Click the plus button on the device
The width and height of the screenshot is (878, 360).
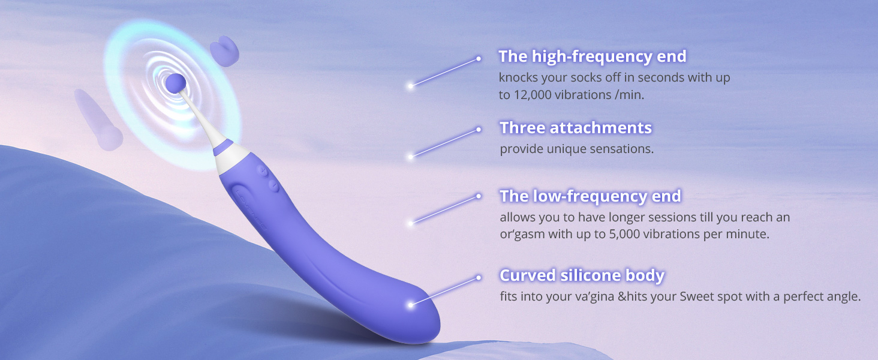point(263,171)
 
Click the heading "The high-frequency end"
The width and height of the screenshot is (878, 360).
point(592,56)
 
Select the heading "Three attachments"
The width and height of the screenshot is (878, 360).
point(575,128)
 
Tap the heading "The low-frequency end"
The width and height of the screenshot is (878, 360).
point(590,196)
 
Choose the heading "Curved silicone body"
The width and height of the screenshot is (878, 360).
point(582,275)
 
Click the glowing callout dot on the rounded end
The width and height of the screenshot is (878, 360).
point(411,305)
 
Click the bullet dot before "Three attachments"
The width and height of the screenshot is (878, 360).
point(479,129)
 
